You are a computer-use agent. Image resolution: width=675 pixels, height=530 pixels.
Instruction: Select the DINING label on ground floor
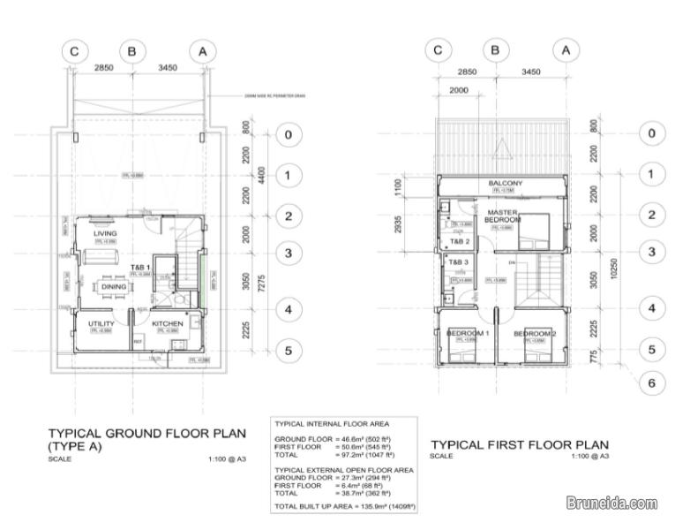(113, 286)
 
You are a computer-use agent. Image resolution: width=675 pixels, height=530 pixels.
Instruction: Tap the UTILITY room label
(101, 324)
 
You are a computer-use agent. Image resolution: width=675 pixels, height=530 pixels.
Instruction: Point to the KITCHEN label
(167, 324)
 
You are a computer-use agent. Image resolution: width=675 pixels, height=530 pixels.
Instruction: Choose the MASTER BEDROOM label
(503, 216)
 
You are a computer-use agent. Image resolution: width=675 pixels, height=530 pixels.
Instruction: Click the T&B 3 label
(457, 262)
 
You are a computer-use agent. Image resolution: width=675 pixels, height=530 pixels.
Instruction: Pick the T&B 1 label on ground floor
(141, 267)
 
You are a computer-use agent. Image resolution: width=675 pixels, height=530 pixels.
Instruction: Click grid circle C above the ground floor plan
(74, 52)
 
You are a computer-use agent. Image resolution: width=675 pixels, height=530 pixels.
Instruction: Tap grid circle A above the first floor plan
(566, 50)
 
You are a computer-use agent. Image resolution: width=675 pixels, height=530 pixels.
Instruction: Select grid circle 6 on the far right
(651, 382)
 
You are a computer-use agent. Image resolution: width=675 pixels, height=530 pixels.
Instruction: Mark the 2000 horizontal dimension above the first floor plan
(459, 91)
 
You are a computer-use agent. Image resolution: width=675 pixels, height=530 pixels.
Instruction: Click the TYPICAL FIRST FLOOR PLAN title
(519, 443)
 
